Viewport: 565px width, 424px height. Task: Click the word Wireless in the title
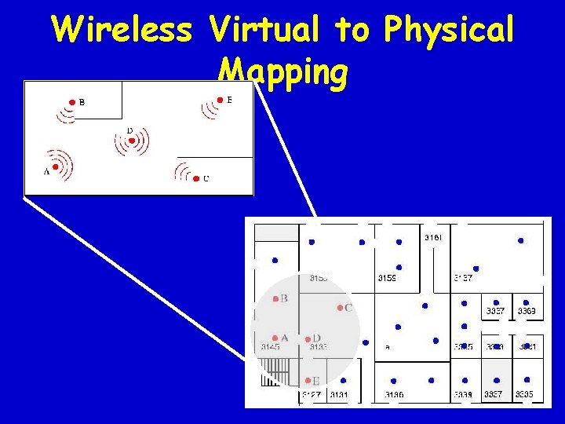122,30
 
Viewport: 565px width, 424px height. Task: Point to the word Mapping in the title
282,72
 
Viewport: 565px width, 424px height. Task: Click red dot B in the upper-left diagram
71,102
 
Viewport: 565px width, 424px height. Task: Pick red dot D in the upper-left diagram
133,141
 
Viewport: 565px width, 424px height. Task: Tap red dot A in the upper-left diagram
56,166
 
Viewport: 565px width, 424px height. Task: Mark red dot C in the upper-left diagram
195,178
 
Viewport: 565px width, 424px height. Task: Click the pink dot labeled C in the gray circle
340,308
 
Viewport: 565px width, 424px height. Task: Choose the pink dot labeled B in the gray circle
275,298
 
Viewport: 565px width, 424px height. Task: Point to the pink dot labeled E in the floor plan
308,381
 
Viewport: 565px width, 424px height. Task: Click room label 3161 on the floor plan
433,237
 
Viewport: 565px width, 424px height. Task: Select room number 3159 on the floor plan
387,278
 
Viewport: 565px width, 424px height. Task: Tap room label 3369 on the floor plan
526,312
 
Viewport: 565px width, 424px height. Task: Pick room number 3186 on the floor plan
394,393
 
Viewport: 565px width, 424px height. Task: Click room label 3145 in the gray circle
271,347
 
